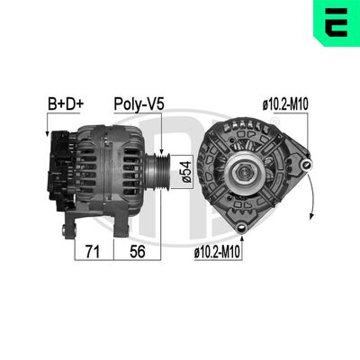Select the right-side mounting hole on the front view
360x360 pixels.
tap(308, 164)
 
